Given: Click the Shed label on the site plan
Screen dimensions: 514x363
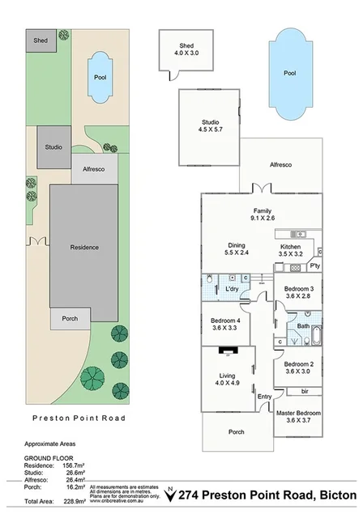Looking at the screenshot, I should (40, 40).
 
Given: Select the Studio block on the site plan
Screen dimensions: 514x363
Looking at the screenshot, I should (53, 147).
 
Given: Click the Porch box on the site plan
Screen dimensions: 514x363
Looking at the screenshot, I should (70, 318).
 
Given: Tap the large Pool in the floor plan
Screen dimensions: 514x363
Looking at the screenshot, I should (289, 72).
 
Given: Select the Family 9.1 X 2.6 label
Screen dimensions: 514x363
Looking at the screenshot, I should (262, 214).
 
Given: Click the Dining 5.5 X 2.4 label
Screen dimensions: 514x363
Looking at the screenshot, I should (236, 249).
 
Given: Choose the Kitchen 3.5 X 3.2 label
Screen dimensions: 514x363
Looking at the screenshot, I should (290, 250).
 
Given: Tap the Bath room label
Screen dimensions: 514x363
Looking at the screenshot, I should (303, 326).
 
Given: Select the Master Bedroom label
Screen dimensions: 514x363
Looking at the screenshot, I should (298, 416).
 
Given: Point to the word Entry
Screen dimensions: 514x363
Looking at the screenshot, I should (265, 396).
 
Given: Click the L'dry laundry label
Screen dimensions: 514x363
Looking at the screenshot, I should (232, 289).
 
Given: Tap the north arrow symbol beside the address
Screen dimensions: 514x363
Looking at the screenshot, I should (169, 493).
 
